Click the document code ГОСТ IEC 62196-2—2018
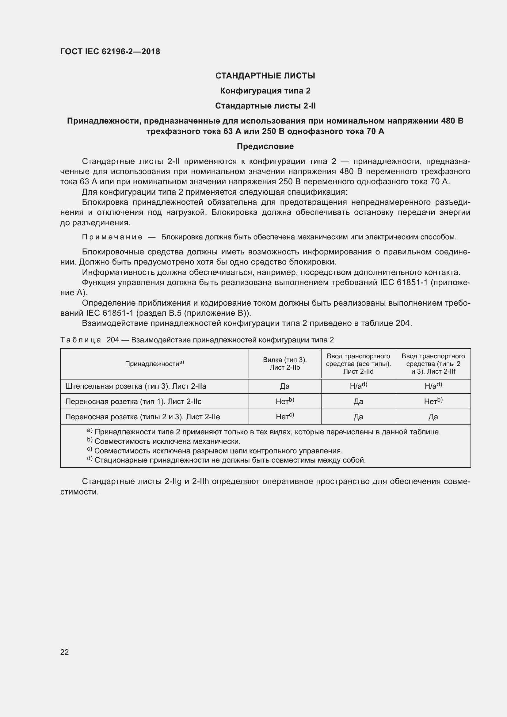tap(110, 51)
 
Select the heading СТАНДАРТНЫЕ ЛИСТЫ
tap(265, 76)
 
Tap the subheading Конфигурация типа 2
tap(265, 91)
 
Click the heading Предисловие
tap(265, 146)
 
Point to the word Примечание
tap(112, 237)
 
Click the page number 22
tap(64, 652)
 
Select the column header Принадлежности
tap(154, 364)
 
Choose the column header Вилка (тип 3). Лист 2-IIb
tap(285, 364)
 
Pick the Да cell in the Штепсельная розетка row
tap(285, 386)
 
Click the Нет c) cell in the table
tap(285, 417)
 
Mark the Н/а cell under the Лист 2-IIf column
tap(433, 386)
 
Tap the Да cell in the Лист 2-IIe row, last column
tap(433, 417)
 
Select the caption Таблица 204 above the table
tap(197, 340)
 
